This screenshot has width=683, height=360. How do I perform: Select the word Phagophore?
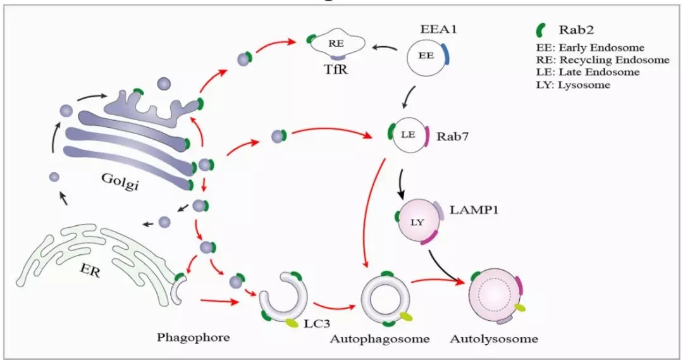[x=193, y=337]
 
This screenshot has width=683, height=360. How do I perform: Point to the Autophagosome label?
[x=379, y=338]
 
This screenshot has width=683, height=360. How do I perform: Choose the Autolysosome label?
[x=494, y=338]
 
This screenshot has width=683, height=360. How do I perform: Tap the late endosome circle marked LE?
[x=407, y=134]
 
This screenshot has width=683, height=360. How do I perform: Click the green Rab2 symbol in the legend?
[x=541, y=30]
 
